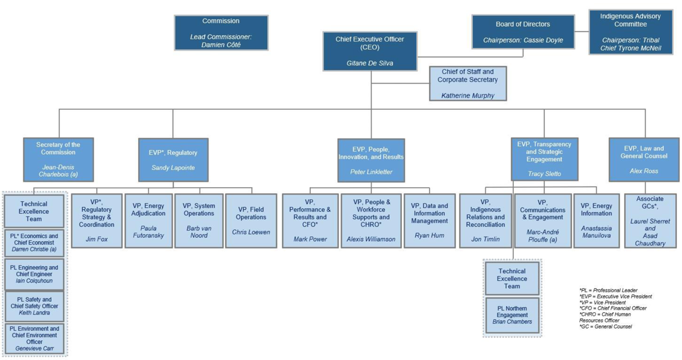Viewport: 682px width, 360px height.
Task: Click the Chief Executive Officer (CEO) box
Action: (x=370, y=51)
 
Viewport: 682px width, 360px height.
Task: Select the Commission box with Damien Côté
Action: (x=221, y=33)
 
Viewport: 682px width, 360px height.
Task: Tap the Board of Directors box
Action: (x=523, y=32)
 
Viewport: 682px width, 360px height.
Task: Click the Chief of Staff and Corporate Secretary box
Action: (x=467, y=84)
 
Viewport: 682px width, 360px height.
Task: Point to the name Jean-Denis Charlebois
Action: (x=58, y=171)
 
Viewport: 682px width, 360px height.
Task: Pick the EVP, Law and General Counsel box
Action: (x=644, y=159)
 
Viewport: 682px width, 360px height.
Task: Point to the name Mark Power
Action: (x=310, y=239)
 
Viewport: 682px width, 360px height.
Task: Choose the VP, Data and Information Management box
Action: (x=430, y=220)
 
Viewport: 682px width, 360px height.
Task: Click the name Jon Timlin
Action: (x=484, y=239)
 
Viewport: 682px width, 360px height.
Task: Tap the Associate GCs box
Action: (x=650, y=220)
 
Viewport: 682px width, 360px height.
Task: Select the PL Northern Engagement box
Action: (x=513, y=315)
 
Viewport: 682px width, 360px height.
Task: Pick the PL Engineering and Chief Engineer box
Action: (x=35, y=275)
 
